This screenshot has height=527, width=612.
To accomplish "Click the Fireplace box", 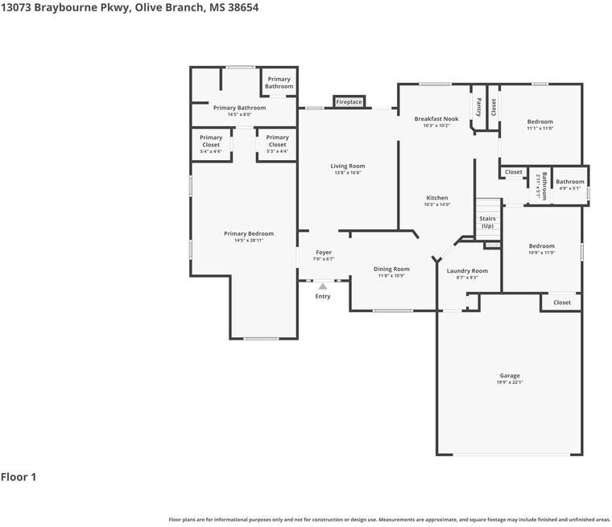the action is (349, 102).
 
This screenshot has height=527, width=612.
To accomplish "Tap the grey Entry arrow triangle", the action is (322, 286).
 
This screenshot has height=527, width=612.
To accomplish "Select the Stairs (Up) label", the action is (487, 222).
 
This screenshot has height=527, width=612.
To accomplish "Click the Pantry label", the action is (479, 107).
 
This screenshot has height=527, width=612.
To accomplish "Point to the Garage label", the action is (510, 376).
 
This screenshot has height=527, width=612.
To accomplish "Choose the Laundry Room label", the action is (467, 270).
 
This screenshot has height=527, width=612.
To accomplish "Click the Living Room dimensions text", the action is (347, 172).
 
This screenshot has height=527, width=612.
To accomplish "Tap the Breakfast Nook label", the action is (436, 118).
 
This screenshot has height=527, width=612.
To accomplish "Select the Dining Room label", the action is (391, 270).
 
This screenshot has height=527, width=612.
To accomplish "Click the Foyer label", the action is (324, 253).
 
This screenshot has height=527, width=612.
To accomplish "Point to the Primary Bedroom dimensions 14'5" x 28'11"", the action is (249, 241).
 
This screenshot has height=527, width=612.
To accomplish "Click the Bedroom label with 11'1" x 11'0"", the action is (540, 121).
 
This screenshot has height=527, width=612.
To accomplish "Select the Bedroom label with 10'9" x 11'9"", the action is (542, 246).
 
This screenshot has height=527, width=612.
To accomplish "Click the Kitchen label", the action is (437, 198).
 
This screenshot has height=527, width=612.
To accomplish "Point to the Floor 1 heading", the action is (19, 477).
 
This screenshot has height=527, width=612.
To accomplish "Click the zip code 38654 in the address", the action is (242, 8).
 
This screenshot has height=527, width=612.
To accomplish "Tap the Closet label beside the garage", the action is (562, 303).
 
